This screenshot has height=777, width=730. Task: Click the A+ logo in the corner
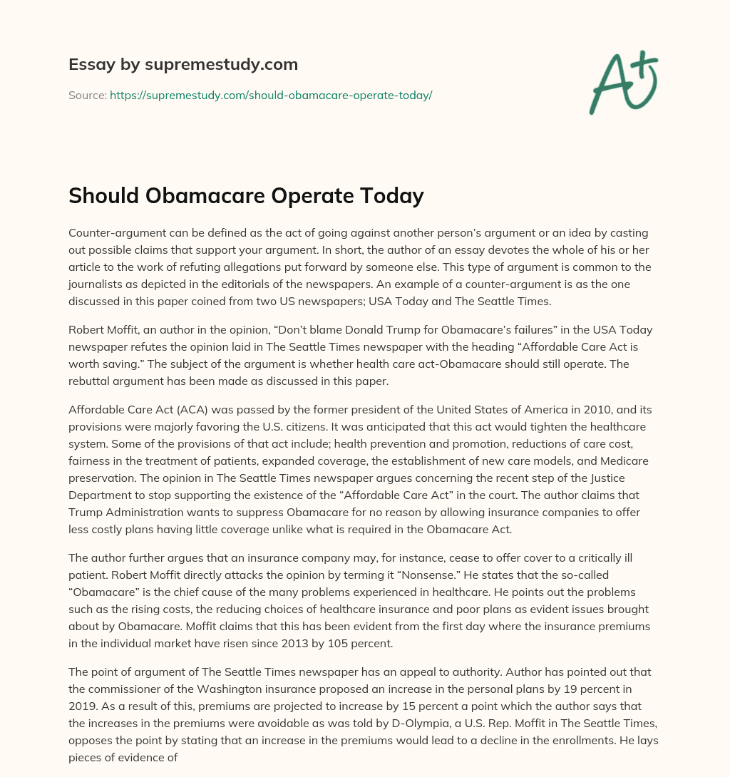(623, 82)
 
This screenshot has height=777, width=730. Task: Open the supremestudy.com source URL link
(271, 95)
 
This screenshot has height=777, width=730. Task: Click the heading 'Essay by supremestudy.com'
(182, 65)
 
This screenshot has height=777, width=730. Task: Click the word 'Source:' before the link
(88, 95)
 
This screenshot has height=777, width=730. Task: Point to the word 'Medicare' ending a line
(624, 460)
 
